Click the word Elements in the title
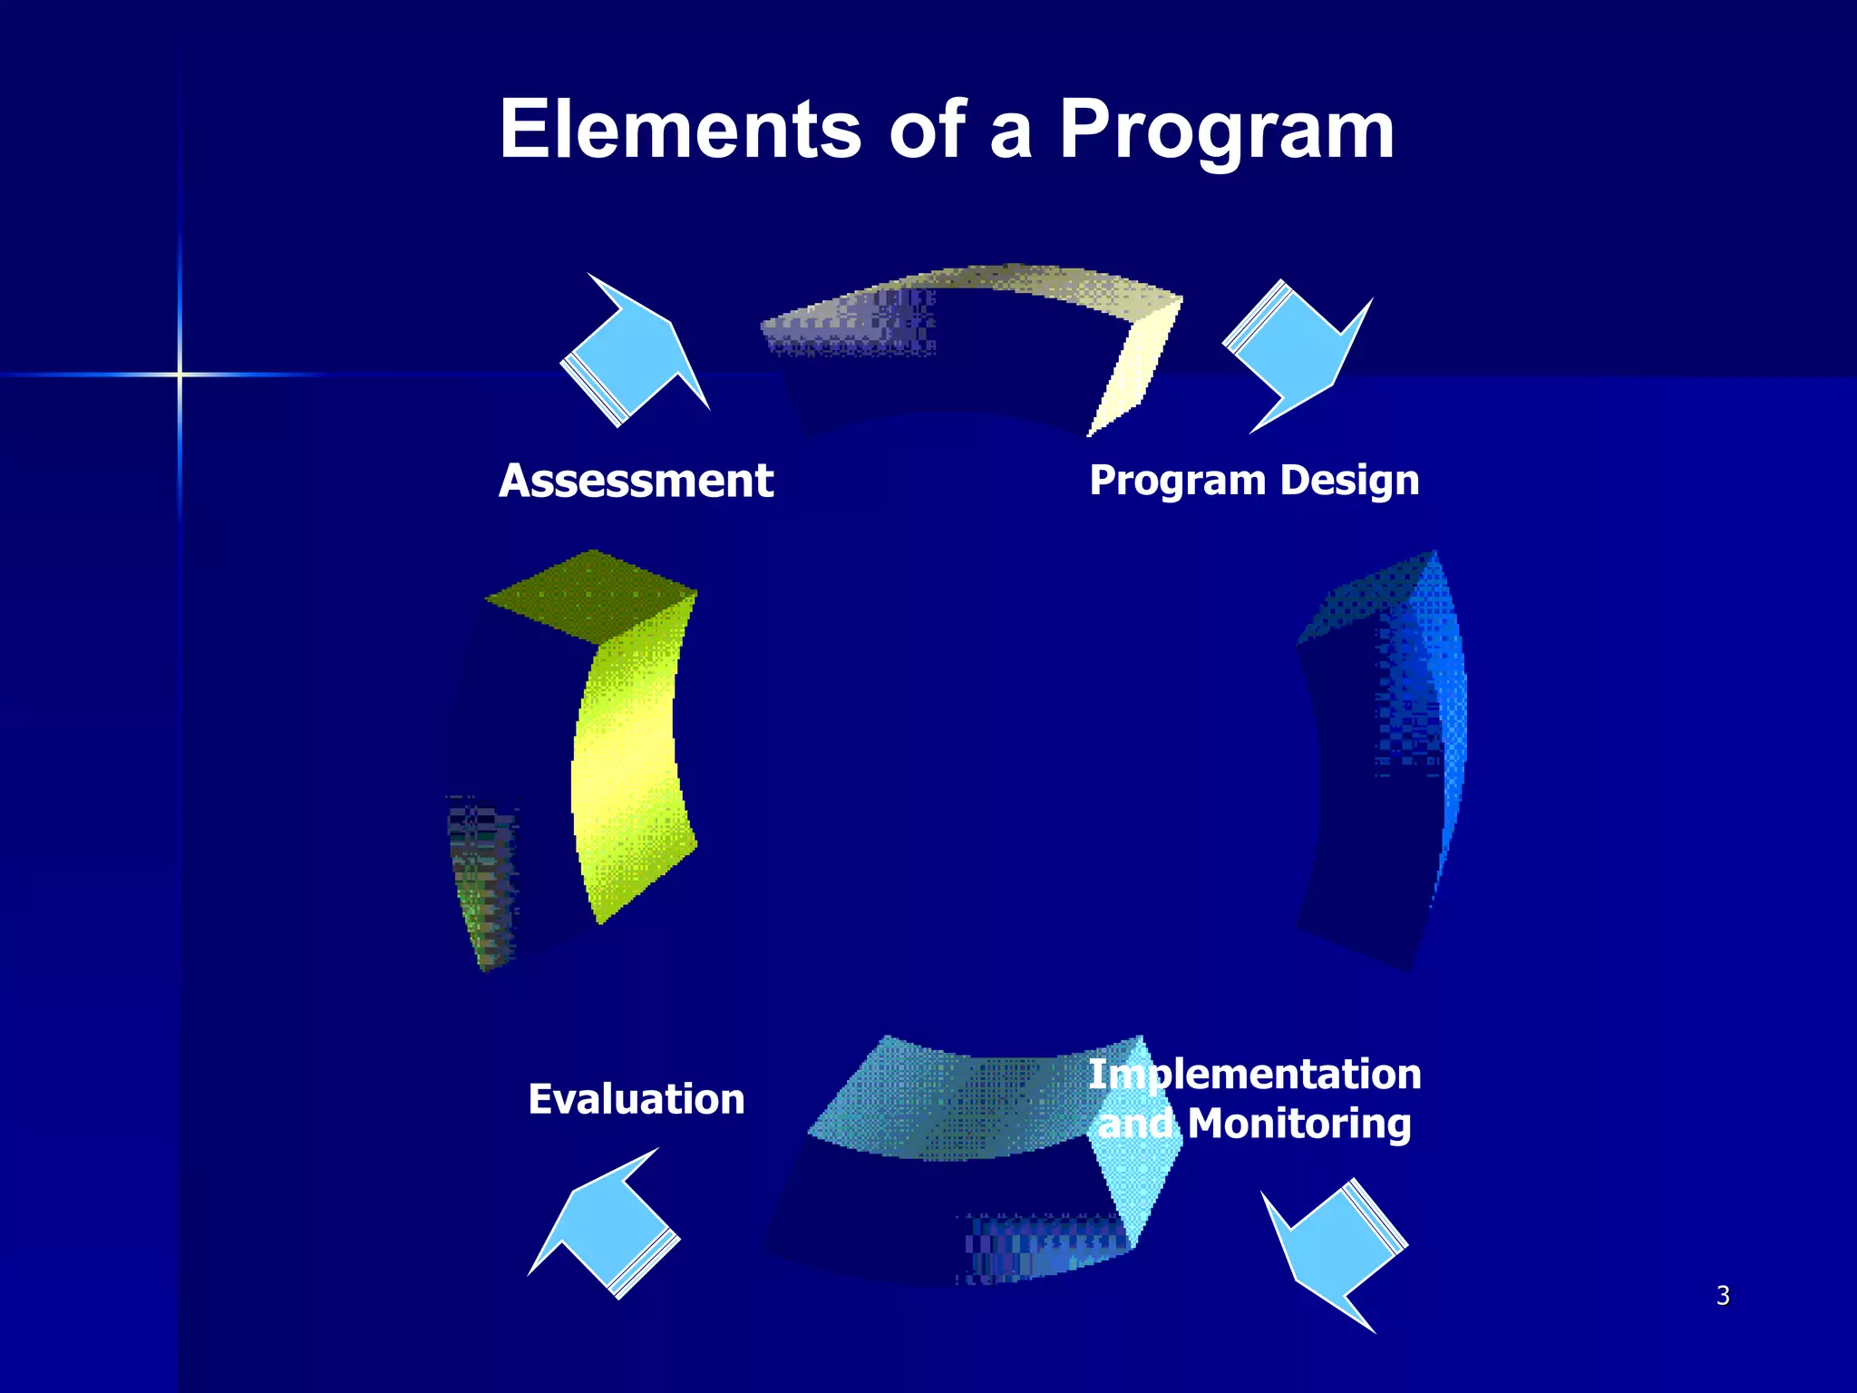pyautogui.click(x=679, y=130)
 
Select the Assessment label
pyautogui.click(x=636, y=481)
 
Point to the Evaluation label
pyautogui.click(x=636, y=1099)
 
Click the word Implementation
pyautogui.click(x=1254, y=1075)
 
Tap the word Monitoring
pyautogui.click(x=1298, y=1124)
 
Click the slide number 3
pyautogui.click(x=1723, y=1295)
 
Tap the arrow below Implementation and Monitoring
pyautogui.click(x=1333, y=1252)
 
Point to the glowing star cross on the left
pyautogui.click(x=180, y=374)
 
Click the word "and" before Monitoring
pyautogui.click(x=1134, y=1124)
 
